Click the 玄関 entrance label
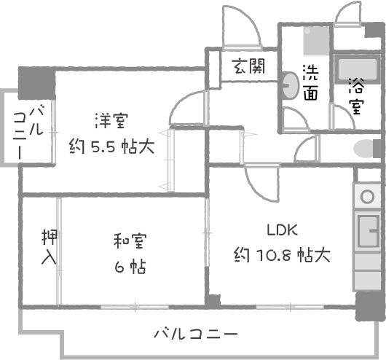point(248,66)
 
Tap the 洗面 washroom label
point(311,82)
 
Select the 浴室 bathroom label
point(356,96)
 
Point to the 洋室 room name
point(112,121)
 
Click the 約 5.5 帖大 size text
point(112,146)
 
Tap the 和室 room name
point(130,240)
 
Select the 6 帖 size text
point(130,267)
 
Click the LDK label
point(283,230)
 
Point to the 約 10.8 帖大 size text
point(282,255)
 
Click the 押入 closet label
point(50,247)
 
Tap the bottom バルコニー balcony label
point(196,334)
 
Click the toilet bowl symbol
point(363,149)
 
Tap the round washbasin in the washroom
point(291,85)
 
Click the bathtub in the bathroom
point(357,69)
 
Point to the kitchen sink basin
point(369,231)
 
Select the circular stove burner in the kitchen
point(367,197)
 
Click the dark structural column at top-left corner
point(37,83)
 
